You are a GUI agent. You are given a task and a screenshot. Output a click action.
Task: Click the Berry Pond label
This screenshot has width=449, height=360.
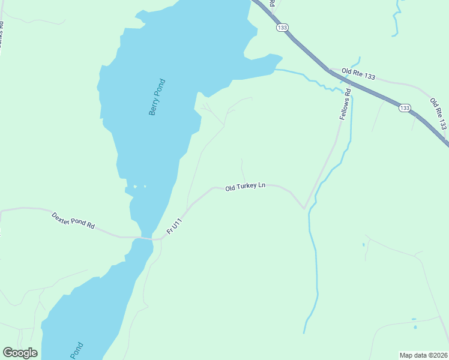[x=157, y=97]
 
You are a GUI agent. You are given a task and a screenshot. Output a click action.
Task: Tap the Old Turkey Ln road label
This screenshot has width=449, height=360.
[x=245, y=187]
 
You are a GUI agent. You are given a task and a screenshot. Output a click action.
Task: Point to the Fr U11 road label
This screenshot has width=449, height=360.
[x=174, y=226]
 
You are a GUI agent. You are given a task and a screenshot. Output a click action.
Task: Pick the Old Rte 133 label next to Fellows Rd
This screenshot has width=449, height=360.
[x=358, y=74]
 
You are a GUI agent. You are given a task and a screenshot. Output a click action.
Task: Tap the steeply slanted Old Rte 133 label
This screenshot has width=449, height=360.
[x=438, y=114]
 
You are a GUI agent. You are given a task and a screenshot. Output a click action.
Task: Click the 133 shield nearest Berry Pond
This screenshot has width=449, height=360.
[x=282, y=28]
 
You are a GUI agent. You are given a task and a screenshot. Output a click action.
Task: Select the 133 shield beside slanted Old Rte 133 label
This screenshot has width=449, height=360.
[x=405, y=108]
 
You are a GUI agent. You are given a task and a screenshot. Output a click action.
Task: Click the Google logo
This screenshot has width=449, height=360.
[x=20, y=353]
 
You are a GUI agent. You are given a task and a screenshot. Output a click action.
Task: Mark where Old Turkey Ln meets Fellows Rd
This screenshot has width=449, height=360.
[x=305, y=209]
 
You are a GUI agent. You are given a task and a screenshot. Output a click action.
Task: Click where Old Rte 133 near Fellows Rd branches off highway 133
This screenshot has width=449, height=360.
[x=329, y=70]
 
